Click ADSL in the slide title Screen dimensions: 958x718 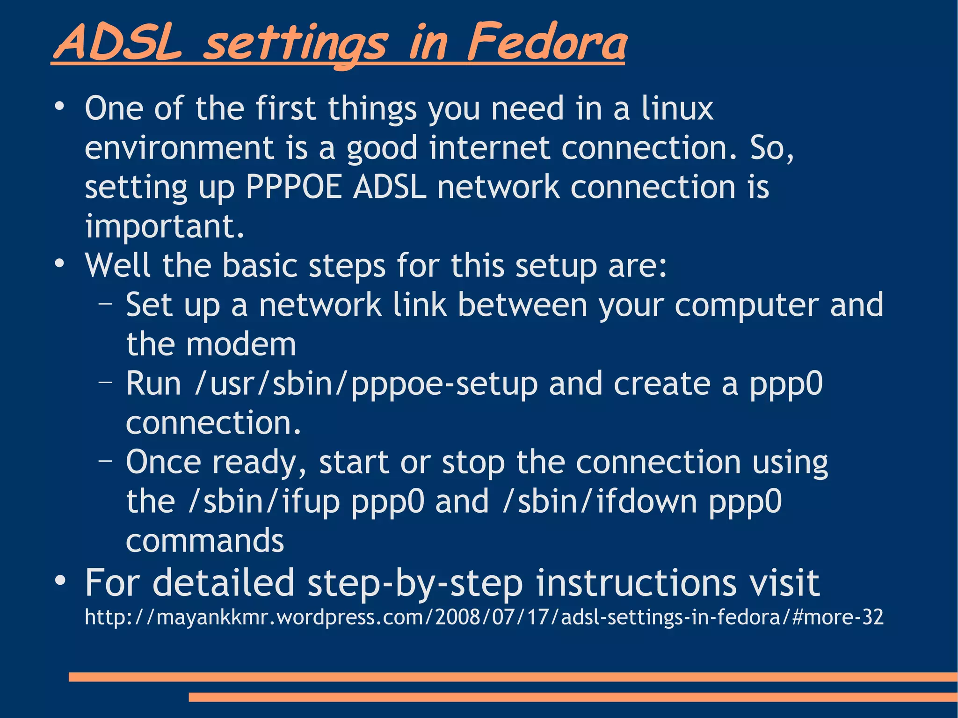117,43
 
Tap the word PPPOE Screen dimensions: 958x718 294,187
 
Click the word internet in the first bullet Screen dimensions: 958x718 489,148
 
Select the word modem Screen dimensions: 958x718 241,345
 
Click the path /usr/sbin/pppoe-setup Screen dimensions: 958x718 366,384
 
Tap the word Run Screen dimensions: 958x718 153,384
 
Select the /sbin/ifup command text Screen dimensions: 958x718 264,502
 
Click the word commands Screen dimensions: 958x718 205,541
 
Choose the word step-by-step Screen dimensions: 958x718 414,584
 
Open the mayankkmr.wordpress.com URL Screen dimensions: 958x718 484,617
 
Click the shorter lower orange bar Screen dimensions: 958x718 573,697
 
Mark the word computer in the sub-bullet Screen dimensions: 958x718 747,305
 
